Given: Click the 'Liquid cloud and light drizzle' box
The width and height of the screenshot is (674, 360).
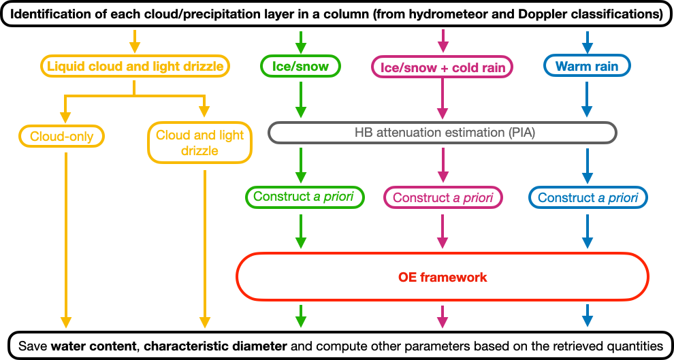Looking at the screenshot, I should (134, 66).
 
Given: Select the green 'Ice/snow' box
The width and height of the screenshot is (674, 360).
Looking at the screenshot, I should (300, 66).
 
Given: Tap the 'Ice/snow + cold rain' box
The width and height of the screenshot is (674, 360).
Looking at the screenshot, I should (443, 67).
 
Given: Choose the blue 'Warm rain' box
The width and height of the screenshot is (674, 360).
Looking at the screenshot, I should (587, 66).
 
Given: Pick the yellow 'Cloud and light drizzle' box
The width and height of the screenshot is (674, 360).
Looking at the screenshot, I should (199, 142).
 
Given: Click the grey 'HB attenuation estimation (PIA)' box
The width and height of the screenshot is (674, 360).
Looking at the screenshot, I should (443, 133).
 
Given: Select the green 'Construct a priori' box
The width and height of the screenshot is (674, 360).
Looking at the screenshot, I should (304, 197).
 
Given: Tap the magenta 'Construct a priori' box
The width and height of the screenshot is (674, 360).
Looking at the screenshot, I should (443, 198).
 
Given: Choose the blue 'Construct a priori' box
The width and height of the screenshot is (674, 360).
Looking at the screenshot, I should (588, 198).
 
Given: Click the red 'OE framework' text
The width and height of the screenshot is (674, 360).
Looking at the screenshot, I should (443, 277).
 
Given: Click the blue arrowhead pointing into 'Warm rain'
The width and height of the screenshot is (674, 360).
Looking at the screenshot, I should (587, 48).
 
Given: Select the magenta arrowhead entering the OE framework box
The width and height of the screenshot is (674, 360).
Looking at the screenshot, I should (443, 242).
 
